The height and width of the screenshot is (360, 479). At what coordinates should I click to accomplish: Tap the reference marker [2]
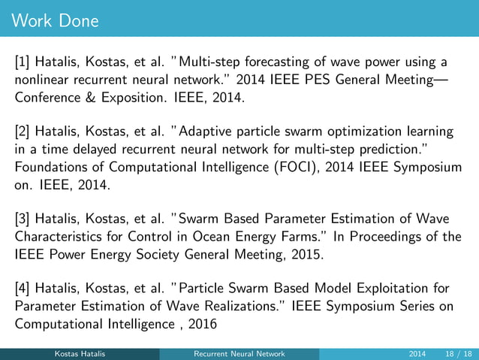25,132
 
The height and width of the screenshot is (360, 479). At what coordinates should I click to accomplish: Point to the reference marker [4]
25,289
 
